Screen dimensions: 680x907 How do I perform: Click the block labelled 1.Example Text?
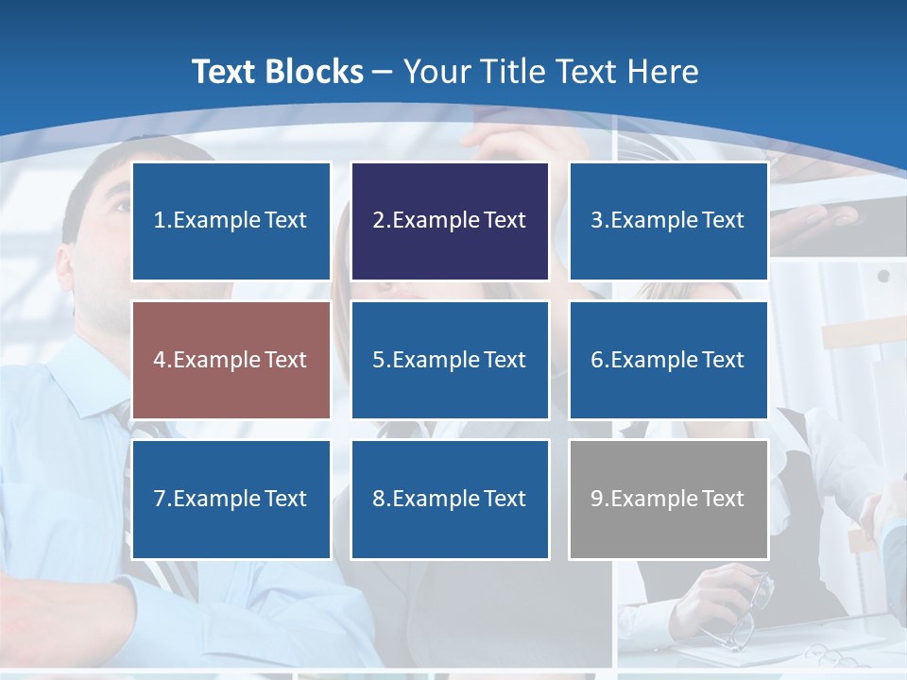pos(231,221)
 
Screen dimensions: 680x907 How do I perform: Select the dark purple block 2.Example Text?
pos(450,221)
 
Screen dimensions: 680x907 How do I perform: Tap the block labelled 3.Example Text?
pos(668,221)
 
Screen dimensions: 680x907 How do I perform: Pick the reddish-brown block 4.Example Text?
pos(231,360)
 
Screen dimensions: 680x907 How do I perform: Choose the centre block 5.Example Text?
pos(450,360)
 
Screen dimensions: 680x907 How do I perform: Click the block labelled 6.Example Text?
pos(668,360)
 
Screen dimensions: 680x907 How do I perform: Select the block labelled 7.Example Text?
pos(231,499)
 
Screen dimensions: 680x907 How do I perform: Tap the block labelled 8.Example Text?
pos(450,499)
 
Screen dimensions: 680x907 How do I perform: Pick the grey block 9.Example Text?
pos(668,499)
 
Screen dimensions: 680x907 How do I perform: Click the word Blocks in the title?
pos(312,72)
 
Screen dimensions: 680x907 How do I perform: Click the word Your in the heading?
pos(437,72)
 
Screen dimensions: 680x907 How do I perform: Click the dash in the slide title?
pos(383,72)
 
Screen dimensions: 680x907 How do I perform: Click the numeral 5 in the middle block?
pos(378,360)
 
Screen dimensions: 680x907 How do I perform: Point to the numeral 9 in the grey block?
pos(596,499)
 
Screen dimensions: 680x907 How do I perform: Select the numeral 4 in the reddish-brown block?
pos(160,360)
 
